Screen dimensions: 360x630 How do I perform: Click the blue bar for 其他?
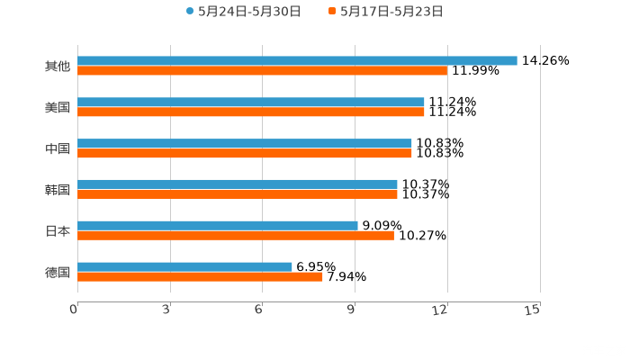click(297, 61)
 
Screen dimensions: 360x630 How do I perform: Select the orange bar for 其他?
click(262, 71)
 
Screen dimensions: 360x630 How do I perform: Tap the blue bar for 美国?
click(251, 103)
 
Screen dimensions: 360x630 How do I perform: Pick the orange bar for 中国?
click(245, 154)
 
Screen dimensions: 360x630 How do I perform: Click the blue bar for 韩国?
click(238, 184)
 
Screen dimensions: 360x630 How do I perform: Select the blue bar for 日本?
click(218, 226)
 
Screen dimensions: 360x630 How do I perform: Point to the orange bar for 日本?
click(236, 236)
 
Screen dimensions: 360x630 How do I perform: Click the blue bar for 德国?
click(184, 266)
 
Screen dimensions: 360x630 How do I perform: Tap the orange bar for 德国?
click(200, 277)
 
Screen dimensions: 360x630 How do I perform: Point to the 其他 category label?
click(58, 67)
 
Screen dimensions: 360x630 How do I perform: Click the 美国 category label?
click(58, 108)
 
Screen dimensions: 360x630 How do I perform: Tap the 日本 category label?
click(58, 231)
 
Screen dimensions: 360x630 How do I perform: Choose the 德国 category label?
click(58, 272)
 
